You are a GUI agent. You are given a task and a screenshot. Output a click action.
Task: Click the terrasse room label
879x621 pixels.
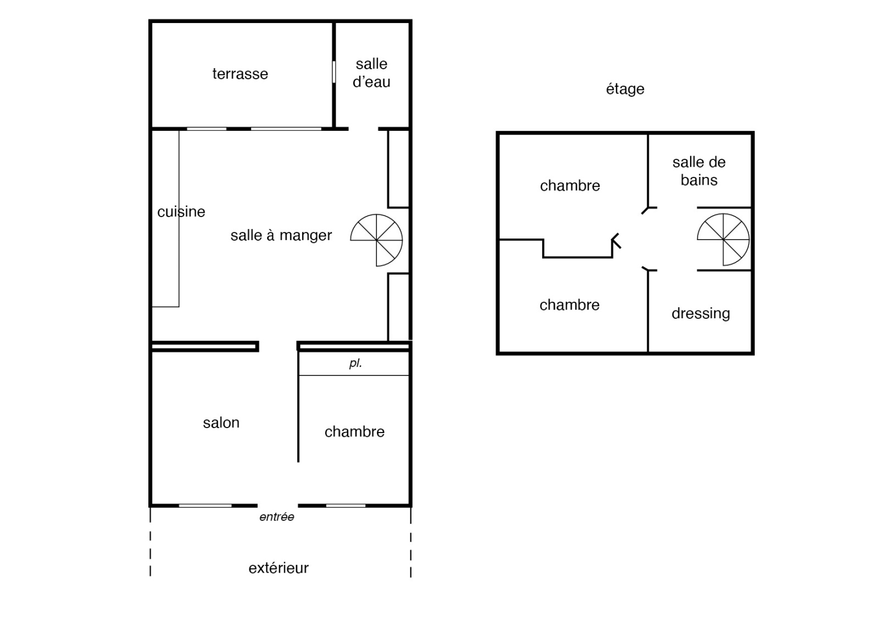click(x=240, y=74)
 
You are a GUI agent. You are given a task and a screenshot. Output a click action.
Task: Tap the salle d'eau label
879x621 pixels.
click(x=371, y=73)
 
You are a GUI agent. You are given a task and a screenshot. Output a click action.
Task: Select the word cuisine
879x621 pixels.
click(x=181, y=212)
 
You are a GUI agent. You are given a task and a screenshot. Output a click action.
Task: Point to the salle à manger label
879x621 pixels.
click(x=281, y=236)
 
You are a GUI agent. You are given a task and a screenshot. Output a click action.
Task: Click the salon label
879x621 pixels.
click(x=221, y=423)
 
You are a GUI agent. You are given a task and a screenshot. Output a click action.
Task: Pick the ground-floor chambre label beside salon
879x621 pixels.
click(x=354, y=432)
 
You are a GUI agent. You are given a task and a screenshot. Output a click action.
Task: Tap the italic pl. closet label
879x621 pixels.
click(x=355, y=363)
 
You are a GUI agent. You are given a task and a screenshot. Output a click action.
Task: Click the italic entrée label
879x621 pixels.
click(x=277, y=517)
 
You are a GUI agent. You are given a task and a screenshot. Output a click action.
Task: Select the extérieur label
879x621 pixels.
click(x=279, y=568)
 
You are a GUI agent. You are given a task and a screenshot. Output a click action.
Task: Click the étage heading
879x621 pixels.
click(x=625, y=89)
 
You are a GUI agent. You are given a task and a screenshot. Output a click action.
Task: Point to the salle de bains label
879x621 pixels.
click(x=699, y=171)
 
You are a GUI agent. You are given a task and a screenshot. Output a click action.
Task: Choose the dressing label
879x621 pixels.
click(x=701, y=314)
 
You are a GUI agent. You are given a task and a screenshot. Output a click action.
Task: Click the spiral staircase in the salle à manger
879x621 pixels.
click(x=376, y=240)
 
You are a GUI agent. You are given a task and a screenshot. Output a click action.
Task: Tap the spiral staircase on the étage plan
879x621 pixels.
click(x=723, y=240)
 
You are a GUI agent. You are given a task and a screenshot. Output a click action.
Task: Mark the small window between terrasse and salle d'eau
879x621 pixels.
click(x=334, y=72)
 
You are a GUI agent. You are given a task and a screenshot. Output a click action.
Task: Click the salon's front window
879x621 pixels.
click(x=205, y=506)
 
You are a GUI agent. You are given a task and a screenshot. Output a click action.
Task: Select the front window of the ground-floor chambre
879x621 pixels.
click(x=346, y=506)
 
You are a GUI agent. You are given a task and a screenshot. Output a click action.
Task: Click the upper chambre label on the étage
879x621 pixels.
click(x=570, y=186)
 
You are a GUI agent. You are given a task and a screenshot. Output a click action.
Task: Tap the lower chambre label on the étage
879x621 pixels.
click(x=569, y=305)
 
